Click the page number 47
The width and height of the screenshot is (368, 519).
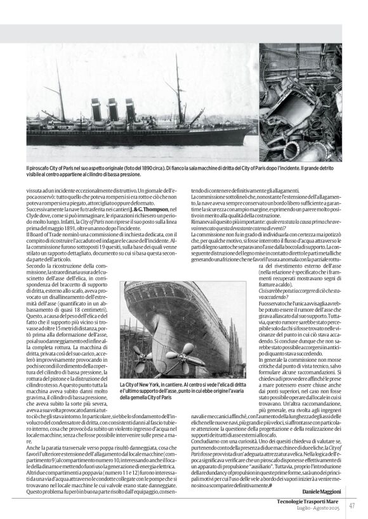pyautogui.click(x=351, y=505)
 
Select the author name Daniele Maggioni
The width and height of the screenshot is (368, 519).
pyautogui.click(x=320, y=492)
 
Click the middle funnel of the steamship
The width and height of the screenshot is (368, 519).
pyautogui.click(x=112, y=110)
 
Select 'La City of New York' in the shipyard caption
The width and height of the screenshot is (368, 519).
pyautogui.click(x=140, y=385)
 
